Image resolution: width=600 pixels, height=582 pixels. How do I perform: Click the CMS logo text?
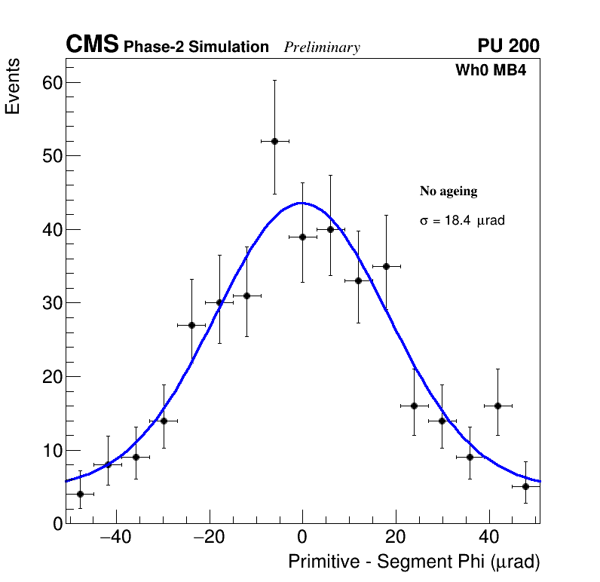92,45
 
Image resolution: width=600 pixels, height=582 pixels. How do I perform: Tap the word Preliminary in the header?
322,47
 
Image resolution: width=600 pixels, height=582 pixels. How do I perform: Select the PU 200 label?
508,46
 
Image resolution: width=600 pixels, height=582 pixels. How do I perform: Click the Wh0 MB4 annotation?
490,71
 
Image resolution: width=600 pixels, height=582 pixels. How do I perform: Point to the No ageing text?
448,191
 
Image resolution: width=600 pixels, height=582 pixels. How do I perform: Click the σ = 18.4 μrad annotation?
462,221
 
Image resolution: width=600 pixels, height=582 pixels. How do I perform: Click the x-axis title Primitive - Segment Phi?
414,562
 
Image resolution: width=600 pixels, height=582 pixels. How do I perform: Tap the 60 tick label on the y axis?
51,82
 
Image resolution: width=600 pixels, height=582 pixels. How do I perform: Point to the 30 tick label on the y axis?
51,303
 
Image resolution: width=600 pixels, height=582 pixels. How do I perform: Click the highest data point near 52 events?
274,141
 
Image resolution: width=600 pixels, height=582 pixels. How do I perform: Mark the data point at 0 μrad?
302,237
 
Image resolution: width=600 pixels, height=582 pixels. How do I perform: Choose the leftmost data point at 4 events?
80,494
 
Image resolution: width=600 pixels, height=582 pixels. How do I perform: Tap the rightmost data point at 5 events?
526,486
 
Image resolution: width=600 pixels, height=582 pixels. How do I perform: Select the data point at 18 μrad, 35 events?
386,266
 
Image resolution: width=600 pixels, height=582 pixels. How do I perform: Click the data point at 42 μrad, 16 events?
498,406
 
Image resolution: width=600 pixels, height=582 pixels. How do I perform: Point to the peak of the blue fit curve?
302,203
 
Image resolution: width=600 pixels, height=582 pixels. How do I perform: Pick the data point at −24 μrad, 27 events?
191,325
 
